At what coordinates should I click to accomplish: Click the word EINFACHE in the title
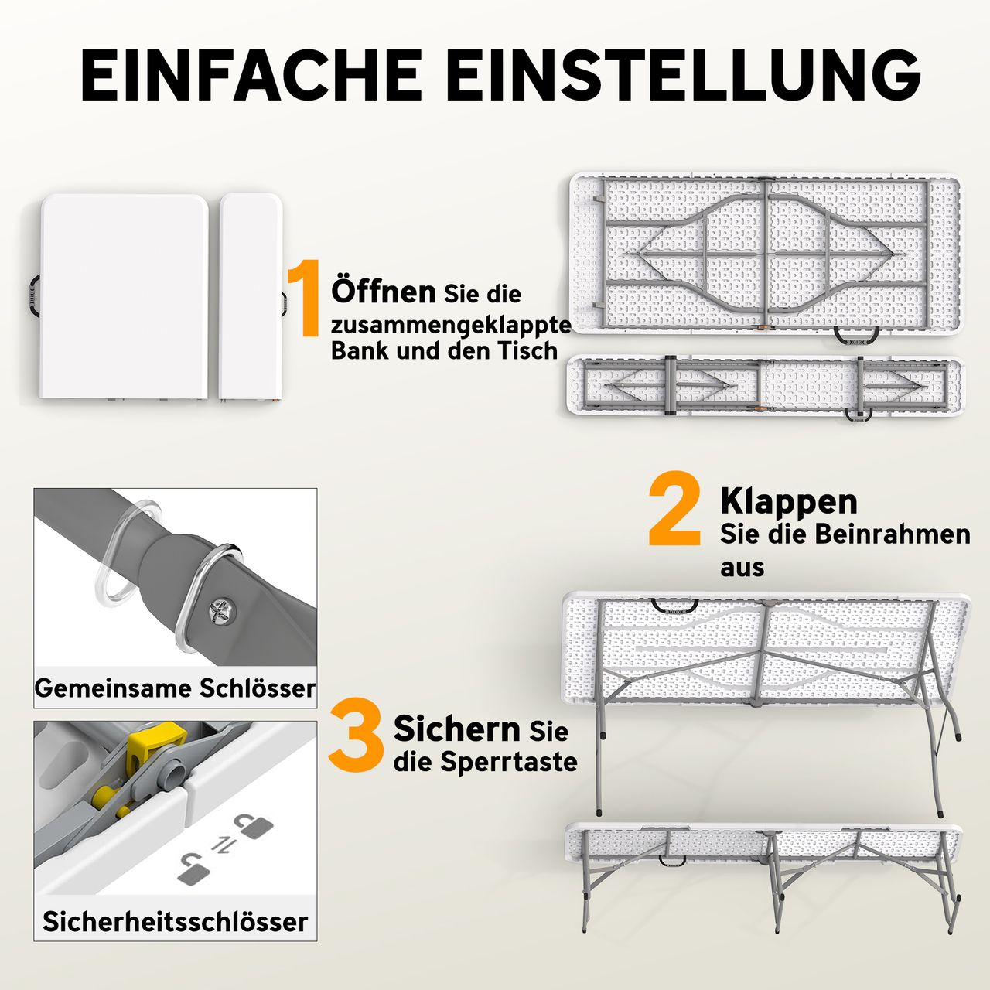251,76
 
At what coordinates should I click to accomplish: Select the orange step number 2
674,510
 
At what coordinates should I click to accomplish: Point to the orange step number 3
356,736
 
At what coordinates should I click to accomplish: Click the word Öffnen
384,292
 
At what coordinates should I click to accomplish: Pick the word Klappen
789,501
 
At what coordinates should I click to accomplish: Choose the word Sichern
456,729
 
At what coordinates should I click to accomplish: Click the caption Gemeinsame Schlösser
175,688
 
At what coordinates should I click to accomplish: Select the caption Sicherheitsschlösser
175,921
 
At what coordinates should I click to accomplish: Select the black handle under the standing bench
673,859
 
